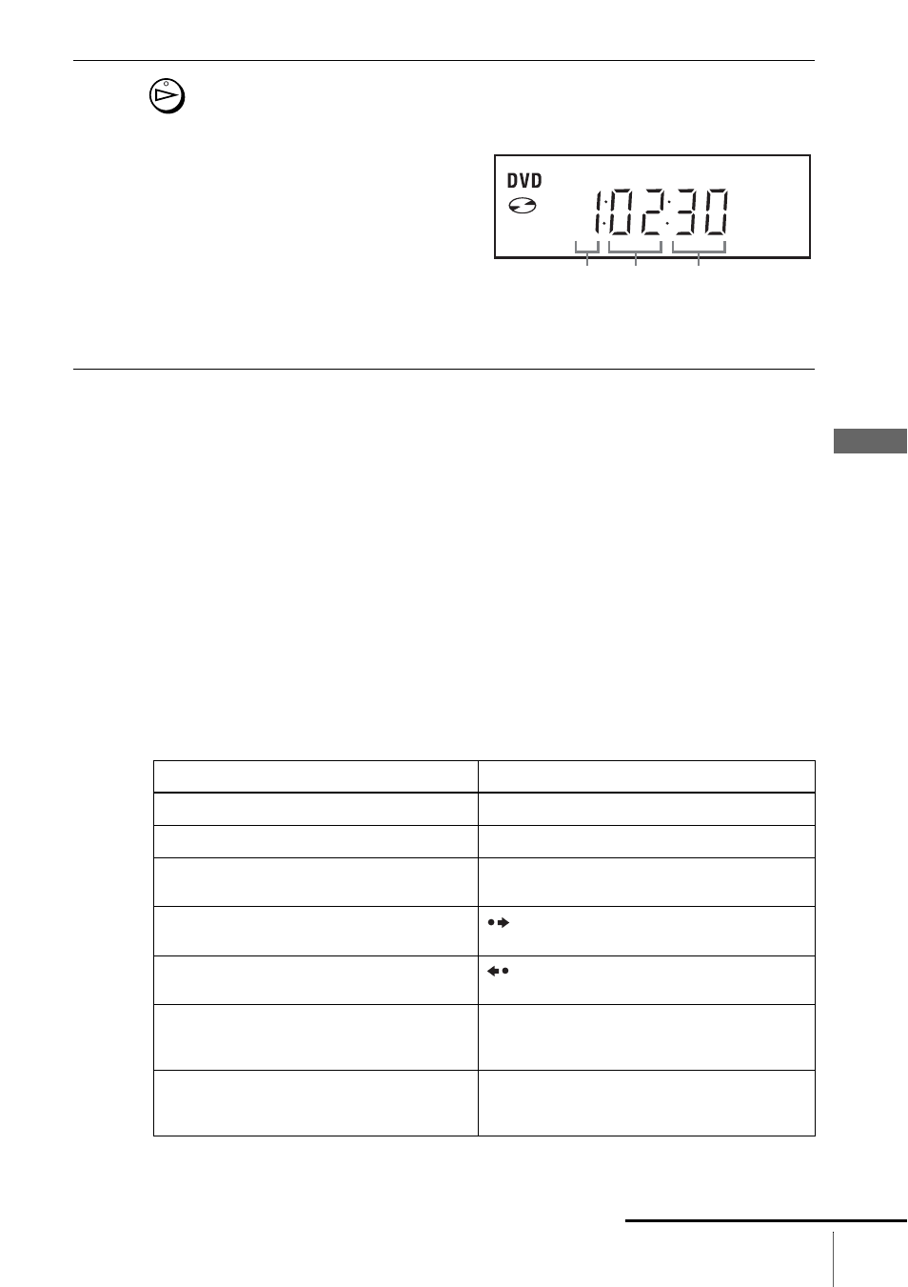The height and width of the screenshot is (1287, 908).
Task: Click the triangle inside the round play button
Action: (167, 95)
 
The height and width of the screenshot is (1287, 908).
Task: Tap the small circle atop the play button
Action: (166, 83)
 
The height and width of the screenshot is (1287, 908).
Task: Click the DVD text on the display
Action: (524, 181)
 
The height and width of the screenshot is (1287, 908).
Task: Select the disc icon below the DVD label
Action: (523, 206)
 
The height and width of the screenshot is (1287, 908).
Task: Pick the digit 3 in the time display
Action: (686, 212)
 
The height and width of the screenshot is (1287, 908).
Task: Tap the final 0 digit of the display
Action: (717, 212)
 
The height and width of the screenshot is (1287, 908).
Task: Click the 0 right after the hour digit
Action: (622, 212)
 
